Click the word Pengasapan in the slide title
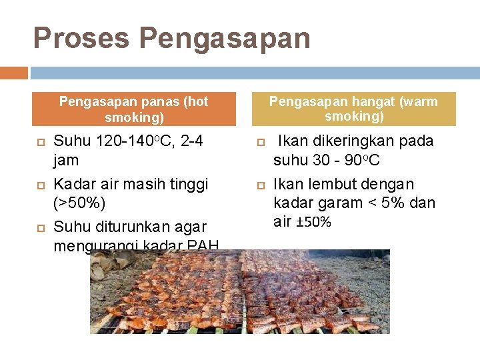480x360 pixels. pos(226,39)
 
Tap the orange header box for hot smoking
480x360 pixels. pos(134,109)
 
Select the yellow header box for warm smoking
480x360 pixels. pos(353,109)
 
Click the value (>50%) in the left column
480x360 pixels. pos(79,203)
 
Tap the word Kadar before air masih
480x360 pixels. pos(73,184)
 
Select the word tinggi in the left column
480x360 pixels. pos(189,184)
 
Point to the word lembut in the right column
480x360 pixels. pos(328,184)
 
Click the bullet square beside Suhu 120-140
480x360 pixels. pos(41,142)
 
